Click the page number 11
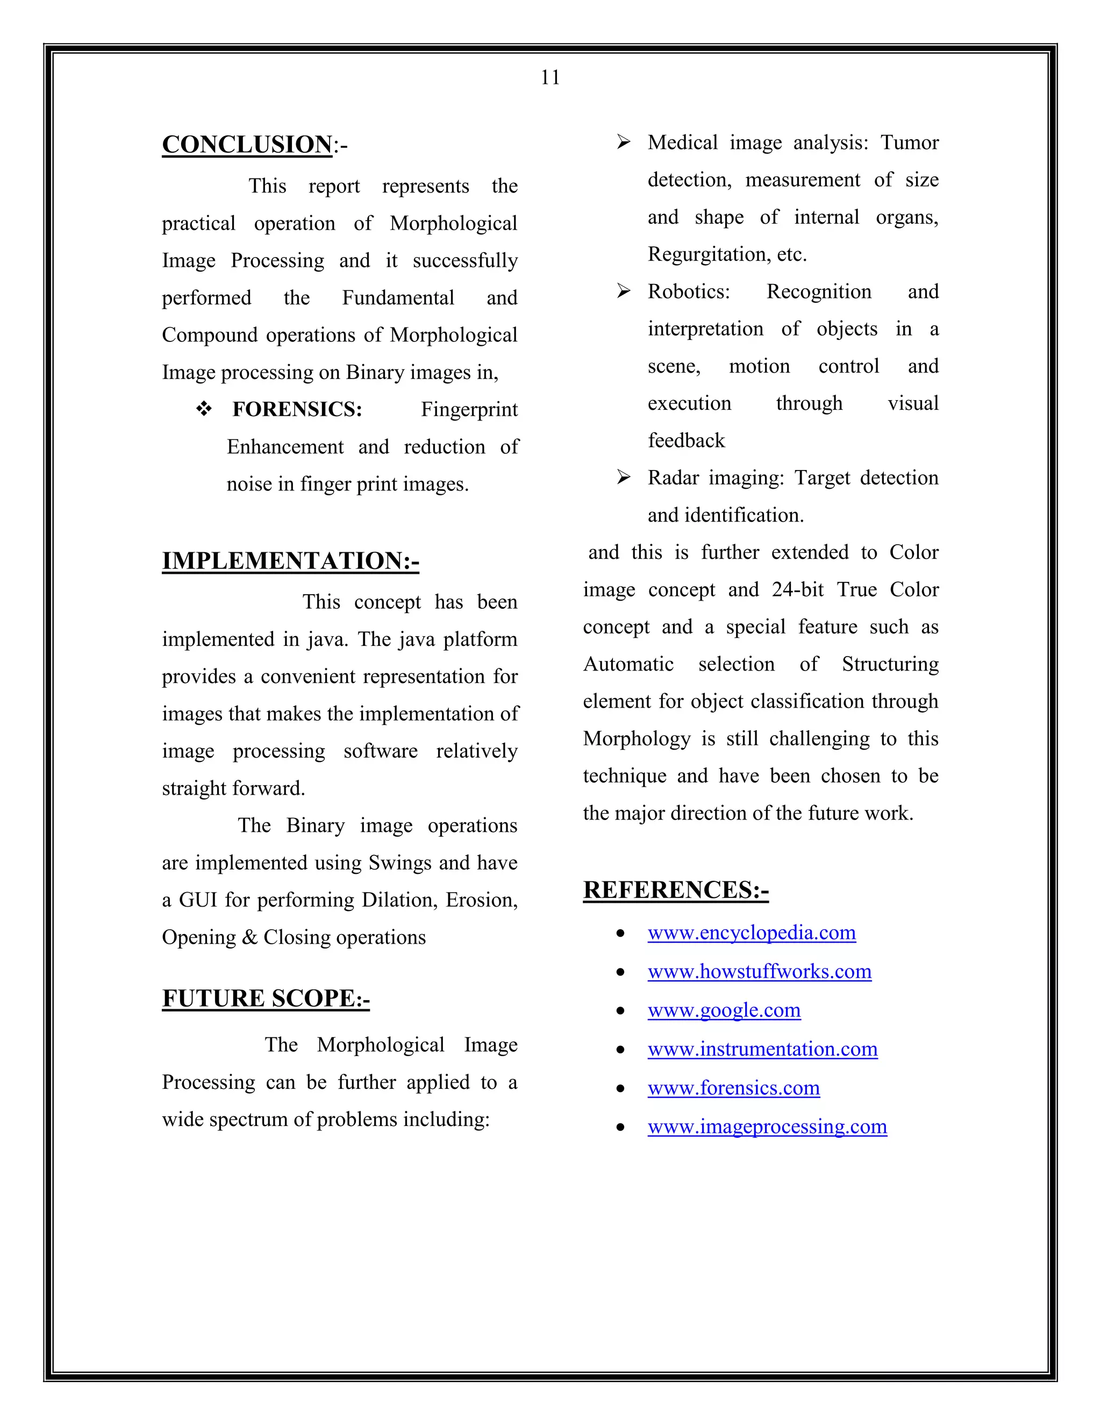(x=550, y=77)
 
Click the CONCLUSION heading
(x=247, y=144)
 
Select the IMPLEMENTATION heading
(x=290, y=560)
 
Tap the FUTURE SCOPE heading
(x=266, y=998)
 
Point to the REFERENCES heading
(x=676, y=890)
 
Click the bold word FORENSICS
(x=297, y=409)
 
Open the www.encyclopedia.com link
(x=752, y=932)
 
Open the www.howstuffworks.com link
(x=759, y=972)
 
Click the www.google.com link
(x=724, y=1010)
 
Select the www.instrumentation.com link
(x=762, y=1049)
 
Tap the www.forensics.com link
(x=734, y=1088)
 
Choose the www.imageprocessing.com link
(x=767, y=1126)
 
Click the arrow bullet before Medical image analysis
(x=624, y=141)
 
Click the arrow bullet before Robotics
(x=624, y=291)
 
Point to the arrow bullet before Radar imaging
(x=624, y=478)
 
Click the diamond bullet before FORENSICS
(x=204, y=409)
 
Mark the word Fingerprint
(x=469, y=410)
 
